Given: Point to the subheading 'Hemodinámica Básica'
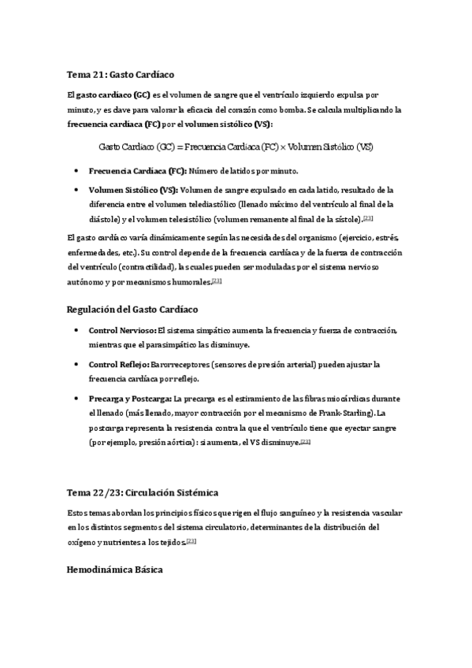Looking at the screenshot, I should tap(116, 569).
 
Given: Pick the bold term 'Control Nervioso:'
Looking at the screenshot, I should tap(122, 329).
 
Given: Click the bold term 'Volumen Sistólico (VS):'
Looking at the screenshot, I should tap(133, 190).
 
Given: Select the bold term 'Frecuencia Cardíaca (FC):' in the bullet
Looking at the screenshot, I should tap(138, 171).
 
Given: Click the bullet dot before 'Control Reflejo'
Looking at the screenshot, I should tap(75, 365).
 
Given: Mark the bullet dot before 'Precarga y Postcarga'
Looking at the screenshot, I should tap(75, 399).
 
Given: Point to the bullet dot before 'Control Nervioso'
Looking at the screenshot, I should tap(75, 329).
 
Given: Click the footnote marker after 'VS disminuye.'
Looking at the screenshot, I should tap(306, 442).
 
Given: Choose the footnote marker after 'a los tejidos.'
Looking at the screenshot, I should tap(191, 541).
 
